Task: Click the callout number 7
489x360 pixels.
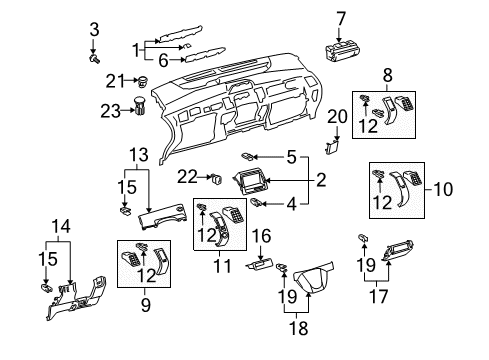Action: pyautogui.click(x=341, y=19)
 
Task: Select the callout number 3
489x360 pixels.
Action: pyautogui.click(x=94, y=29)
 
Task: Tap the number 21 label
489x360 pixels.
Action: pyautogui.click(x=115, y=81)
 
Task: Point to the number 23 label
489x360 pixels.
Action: pyautogui.click(x=110, y=111)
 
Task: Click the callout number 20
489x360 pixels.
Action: pyautogui.click(x=337, y=117)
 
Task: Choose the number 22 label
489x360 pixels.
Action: pyautogui.click(x=187, y=177)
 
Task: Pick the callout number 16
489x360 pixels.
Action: pyautogui.click(x=261, y=236)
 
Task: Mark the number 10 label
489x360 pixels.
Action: pyautogui.click(x=443, y=189)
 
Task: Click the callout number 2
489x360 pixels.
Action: pyautogui.click(x=321, y=180)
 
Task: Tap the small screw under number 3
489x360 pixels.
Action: pyautogui.click(x=95, y=59)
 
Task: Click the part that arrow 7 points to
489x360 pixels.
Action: pyautogui.click(x=342, y=51)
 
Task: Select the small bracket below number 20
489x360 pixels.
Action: pyautogui.click(x=332, y=147)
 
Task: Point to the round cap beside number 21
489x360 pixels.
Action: pyautogui.click(x=143, y=81)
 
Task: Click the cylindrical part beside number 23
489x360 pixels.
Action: pyautogui.click(x=140, y=106)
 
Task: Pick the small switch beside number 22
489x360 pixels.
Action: pyautogui.click(x=217, y=179)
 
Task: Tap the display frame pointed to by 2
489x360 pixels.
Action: pyautogui.click(x=252, y=181)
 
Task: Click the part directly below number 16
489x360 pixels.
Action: pyautogui.click(x=260, y=265)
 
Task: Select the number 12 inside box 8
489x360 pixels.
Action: pyautogui.click(x=368, y=126)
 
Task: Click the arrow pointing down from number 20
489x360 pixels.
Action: pyautogui.click(x=337, y=133)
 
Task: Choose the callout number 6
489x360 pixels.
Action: pyautogui.click(x=163, y=61)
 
